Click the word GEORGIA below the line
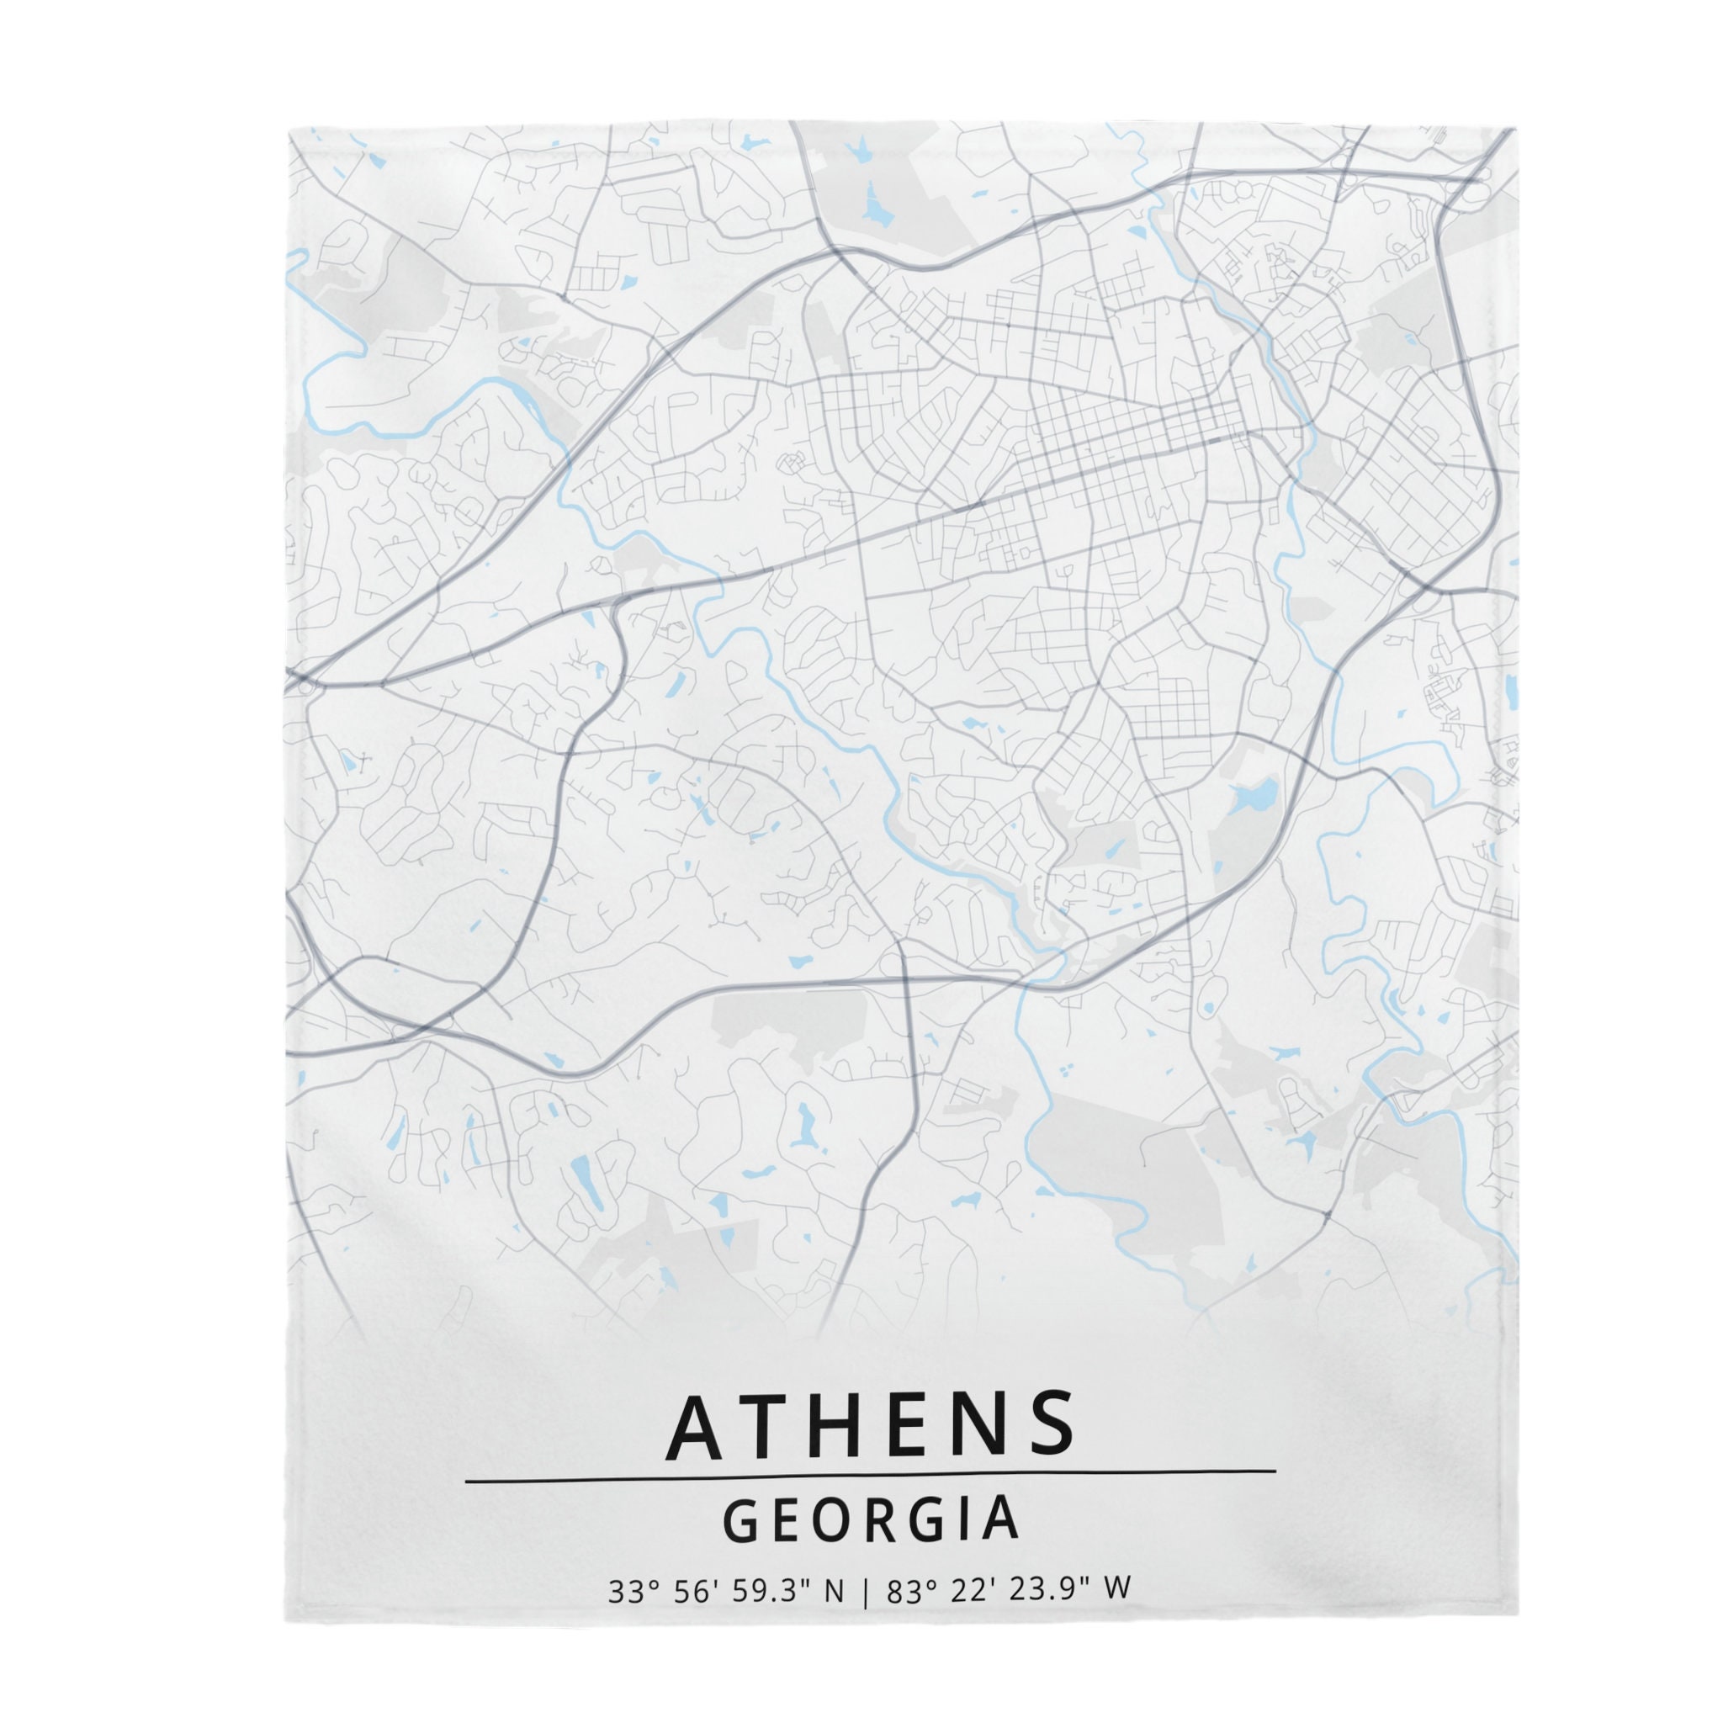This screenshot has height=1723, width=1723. click(871, 1518)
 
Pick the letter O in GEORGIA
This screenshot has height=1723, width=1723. click(828, 1519)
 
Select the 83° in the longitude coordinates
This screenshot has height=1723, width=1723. click(908, 1588)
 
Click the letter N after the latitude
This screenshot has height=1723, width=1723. click(834, 1588)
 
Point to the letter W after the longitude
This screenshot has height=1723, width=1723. click(1118, 1588)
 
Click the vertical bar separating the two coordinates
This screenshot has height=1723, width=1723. click(864, 1589)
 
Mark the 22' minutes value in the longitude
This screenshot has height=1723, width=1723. click(967, 1588)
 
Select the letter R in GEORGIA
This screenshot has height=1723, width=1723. click(874, 1519)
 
